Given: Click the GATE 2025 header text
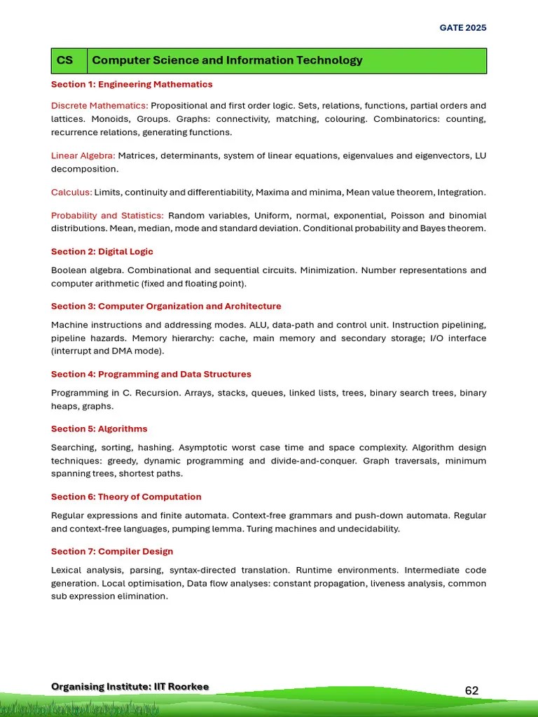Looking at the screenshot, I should [x=462, y=28].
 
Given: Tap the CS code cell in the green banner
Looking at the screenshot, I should [x=64, y=60].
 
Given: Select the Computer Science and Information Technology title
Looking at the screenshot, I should [x=227, y=60].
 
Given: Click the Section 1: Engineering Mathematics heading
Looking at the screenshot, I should [x=132, y=85].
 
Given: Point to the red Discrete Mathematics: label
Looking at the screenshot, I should [x=99, y=106].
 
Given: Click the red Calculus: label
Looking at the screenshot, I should [x=71, y=192].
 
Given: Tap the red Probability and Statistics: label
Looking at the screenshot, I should [x=107, y=216].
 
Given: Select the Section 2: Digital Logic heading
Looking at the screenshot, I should [x=102, y=251].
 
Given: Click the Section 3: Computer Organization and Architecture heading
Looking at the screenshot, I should [x=166, y=306].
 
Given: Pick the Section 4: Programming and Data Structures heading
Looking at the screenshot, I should [x=151, y=375].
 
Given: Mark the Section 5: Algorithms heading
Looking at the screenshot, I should [x=99, y=429].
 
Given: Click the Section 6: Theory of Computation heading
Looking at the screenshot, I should [x=126, y=497].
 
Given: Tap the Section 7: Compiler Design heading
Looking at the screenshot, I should [x=112, y=552].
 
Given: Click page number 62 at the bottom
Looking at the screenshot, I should [x=471, y=690].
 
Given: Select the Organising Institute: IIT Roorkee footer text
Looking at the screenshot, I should [x=130, y=686].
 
